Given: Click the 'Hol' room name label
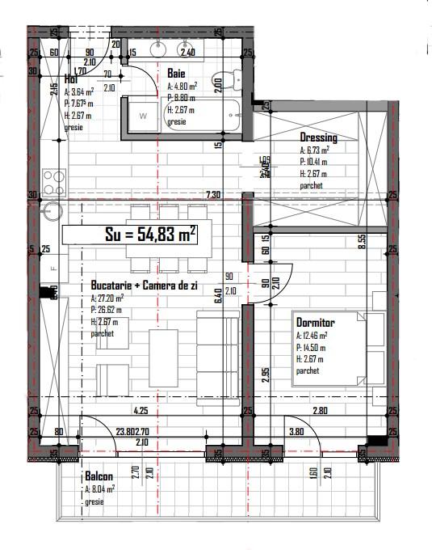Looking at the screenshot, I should [71, 80].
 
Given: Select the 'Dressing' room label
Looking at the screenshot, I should [318, 137].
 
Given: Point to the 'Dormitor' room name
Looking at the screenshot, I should [315, 322].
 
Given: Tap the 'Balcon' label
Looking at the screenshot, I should [99, 476].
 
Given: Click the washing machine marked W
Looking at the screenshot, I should [142, 116].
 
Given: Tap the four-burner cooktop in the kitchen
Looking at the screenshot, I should [53, 178].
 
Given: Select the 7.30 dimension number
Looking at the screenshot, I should [213, 195].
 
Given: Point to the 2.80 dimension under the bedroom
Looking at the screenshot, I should [320, 411].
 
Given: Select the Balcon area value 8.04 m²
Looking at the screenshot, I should [100, 489].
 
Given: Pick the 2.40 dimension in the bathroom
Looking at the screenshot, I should [187, 53].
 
